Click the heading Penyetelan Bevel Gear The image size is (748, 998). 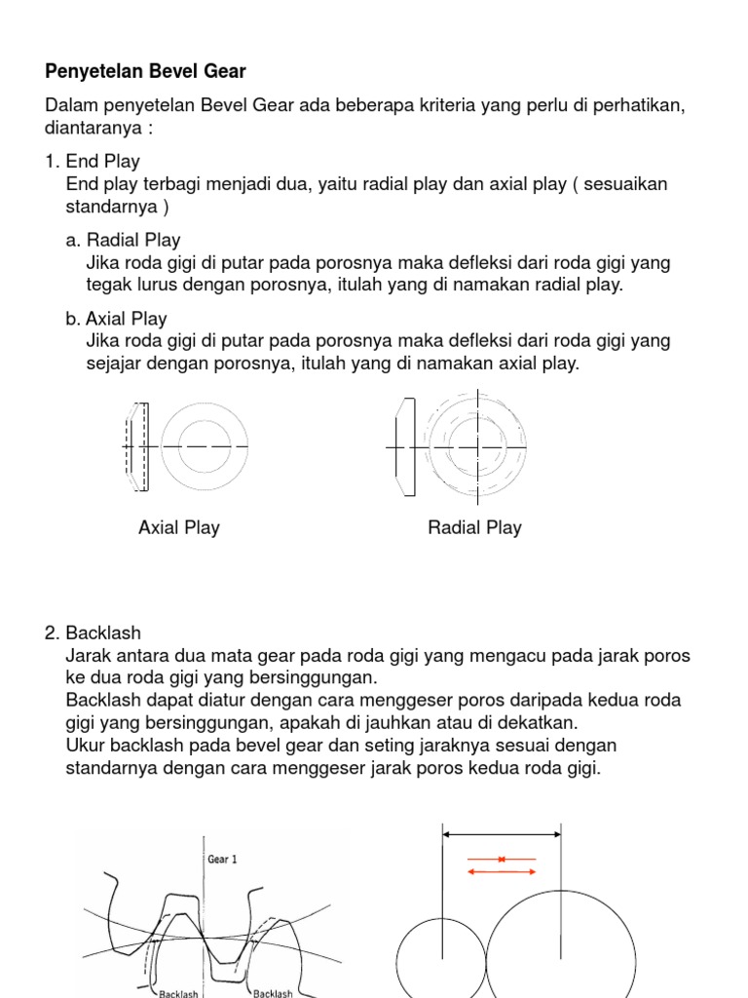pos(145,71)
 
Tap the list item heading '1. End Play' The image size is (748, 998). pos(93,162)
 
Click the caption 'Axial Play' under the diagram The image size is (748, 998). pos(179,527)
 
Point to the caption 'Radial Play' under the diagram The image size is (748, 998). pos(474,527)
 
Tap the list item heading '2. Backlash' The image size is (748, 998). pos(93,633)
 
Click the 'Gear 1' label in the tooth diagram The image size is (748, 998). pos(223,860)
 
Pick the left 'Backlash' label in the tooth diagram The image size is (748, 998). pos(178,993)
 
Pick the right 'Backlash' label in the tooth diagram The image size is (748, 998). pos(274,993)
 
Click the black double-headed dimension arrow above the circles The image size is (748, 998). pos(502,834)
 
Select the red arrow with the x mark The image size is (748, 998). pos(502,859)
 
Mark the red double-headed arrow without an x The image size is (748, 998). pos(502,871)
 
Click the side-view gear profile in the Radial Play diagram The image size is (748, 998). pos(404,445)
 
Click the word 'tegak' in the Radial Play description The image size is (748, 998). pos(107,286)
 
